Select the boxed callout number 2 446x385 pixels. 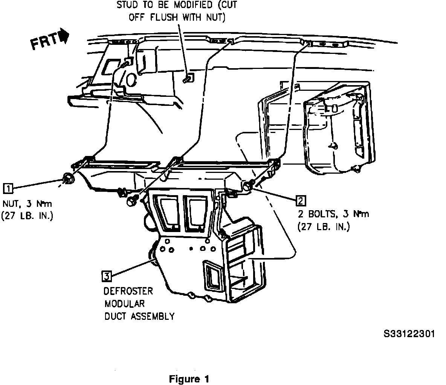300,201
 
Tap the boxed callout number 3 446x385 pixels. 107,277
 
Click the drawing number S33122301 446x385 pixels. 409,334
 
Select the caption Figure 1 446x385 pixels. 189,379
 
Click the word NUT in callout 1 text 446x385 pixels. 12,204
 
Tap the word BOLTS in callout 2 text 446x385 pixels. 321,215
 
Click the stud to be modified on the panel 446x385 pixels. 187,79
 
